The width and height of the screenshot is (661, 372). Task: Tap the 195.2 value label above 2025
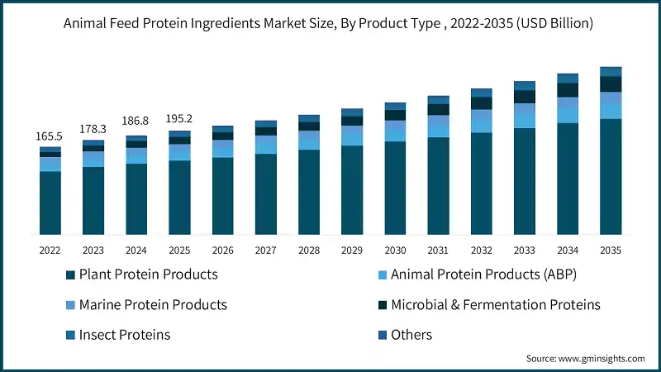[179, 117]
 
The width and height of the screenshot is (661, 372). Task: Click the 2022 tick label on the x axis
[50, 250]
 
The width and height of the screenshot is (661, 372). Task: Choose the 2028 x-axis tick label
[309, 250]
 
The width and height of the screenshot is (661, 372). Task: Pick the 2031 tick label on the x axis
[438, 250]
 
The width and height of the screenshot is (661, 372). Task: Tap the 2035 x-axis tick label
[611, 250]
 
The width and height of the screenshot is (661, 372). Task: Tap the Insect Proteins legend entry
[124, 335]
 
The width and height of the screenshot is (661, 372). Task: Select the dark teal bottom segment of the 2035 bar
[611, 177]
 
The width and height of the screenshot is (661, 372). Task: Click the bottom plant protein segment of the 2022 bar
[50, 203]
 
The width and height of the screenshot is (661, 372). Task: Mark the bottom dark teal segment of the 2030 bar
[395, 188]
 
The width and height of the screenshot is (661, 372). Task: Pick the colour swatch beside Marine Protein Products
[69, 305]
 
